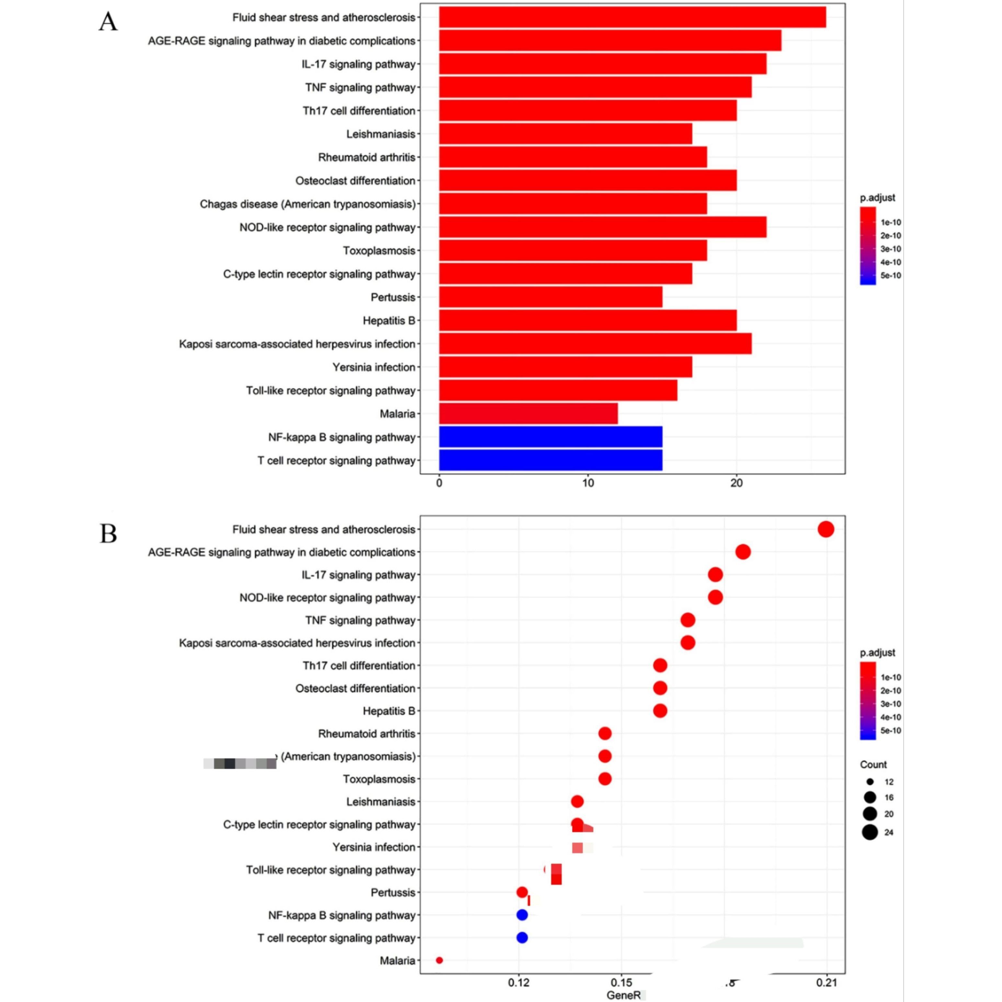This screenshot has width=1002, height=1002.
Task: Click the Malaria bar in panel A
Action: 528,413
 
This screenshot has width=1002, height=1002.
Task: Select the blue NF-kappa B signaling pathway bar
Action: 550,437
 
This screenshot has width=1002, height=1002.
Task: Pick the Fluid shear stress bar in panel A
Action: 632,17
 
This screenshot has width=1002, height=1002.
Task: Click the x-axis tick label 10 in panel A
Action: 587,484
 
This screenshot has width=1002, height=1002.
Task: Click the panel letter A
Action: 108,22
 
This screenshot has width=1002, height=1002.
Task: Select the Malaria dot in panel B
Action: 439,961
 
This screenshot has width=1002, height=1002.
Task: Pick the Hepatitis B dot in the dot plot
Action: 660,711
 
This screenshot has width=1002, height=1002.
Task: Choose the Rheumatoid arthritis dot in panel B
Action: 605,733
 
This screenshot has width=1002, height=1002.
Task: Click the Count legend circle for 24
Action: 870,832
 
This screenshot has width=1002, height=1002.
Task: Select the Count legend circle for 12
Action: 870,781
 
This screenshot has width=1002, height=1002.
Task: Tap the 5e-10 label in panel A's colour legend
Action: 891,275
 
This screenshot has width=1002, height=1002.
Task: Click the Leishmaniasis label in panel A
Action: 381,134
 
